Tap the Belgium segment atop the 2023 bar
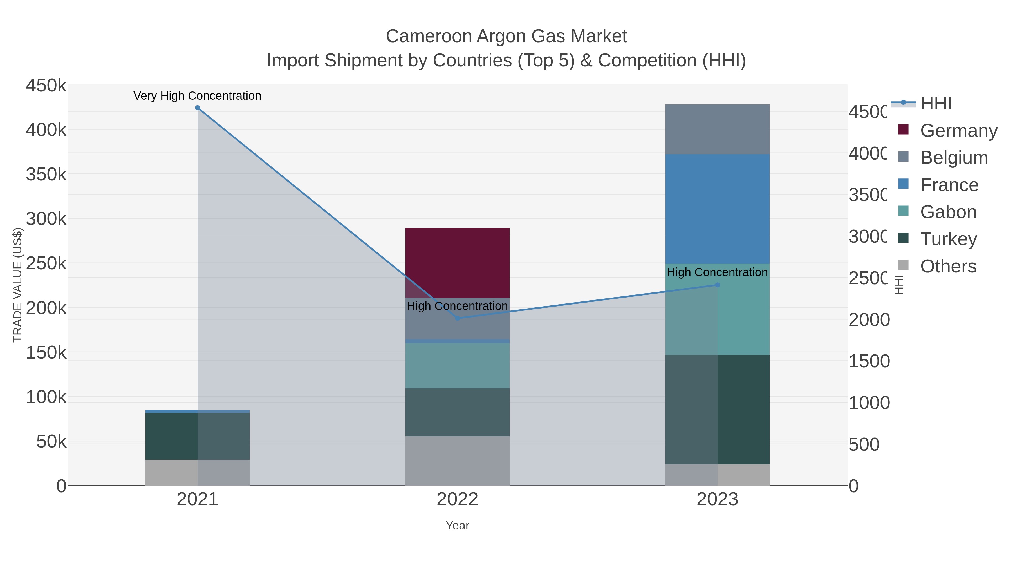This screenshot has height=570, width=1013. click(717, 129)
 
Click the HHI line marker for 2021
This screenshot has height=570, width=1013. click(198, 108)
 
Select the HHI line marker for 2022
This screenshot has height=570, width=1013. click(457, 318)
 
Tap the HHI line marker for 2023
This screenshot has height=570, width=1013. click(717, 285)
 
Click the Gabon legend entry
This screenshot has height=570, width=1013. click(948, 212)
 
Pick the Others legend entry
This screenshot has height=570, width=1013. click(948, 266)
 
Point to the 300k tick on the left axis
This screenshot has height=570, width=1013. click(46, 219)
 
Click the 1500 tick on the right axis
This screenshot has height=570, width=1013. click(868, 361)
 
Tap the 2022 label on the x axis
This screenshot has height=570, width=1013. click(457, 499)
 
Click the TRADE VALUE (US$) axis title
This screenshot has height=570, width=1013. click(18, 285)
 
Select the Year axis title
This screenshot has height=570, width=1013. click(457, 526)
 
